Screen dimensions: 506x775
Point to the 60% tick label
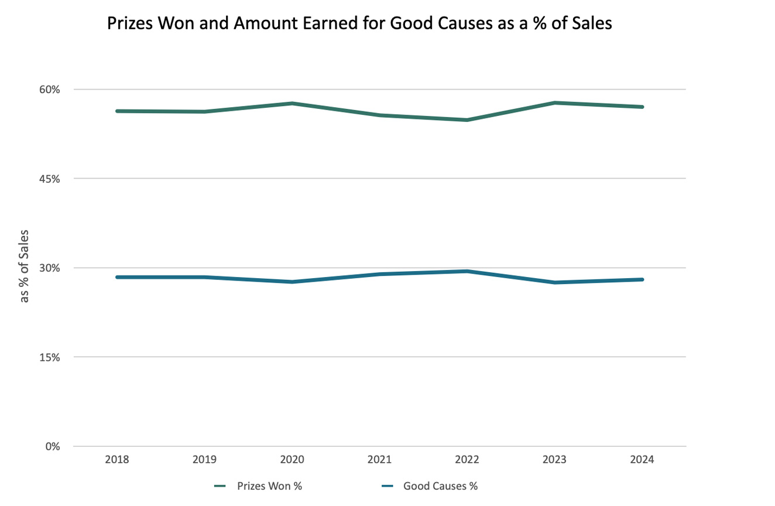point(50,90)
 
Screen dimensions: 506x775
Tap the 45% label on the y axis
point(50,179)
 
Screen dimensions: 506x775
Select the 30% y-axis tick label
point(50,268)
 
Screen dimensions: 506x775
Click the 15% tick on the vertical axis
point(50,357)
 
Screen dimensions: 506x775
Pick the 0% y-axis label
point(52,446)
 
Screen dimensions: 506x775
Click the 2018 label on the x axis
point(117,460)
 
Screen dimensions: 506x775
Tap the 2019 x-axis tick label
point(204,460)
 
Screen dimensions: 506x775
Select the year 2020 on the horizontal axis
point(292,460)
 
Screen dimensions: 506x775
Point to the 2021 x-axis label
point(379,460)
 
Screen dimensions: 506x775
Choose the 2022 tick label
point(467,460)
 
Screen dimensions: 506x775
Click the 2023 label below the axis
point(554,460)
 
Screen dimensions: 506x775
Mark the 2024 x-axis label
point(642,460)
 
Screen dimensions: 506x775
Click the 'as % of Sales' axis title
point(25,266)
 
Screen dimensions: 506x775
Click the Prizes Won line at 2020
point(292,104)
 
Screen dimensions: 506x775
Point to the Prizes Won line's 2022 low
point(467,120)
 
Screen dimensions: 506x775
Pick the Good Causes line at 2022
point(467,271)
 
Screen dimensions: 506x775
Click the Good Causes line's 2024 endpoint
point(642,279)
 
